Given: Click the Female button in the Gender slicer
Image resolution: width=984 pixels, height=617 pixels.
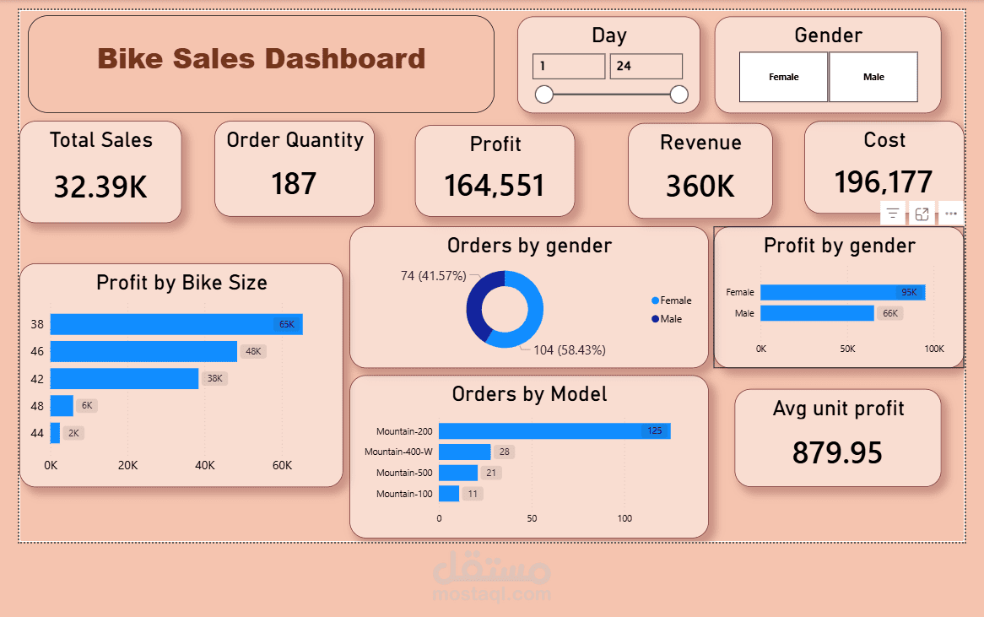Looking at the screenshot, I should point(783,77).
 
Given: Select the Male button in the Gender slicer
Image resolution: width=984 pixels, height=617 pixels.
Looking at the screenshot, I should point(873,77).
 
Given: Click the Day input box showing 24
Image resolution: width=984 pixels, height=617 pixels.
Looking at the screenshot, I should point(646,66).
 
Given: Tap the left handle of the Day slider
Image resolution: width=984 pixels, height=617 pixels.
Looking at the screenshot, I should point(544,94).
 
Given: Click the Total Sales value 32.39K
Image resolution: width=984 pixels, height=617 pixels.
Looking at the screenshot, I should point(100,187).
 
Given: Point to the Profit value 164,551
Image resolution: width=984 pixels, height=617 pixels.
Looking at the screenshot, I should point(495,186).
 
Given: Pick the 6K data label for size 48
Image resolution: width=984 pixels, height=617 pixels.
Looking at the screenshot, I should point(86,406).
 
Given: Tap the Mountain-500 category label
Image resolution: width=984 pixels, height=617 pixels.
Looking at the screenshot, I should point(404,473).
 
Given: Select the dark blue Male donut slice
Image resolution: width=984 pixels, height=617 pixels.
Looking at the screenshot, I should point(478,300).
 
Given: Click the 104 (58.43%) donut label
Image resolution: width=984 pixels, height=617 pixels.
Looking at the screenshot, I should point(569,349).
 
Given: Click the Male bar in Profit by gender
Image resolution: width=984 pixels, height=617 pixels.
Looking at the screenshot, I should point(816,313).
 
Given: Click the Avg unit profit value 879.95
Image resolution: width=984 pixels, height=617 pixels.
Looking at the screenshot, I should point(836,453).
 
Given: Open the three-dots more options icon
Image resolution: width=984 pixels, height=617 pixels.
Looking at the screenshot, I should point(950,214).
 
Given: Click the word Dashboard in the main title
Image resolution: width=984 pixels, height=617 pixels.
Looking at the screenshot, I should point(345,59).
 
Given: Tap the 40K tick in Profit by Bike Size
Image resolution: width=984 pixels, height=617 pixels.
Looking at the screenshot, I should point(204,466).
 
